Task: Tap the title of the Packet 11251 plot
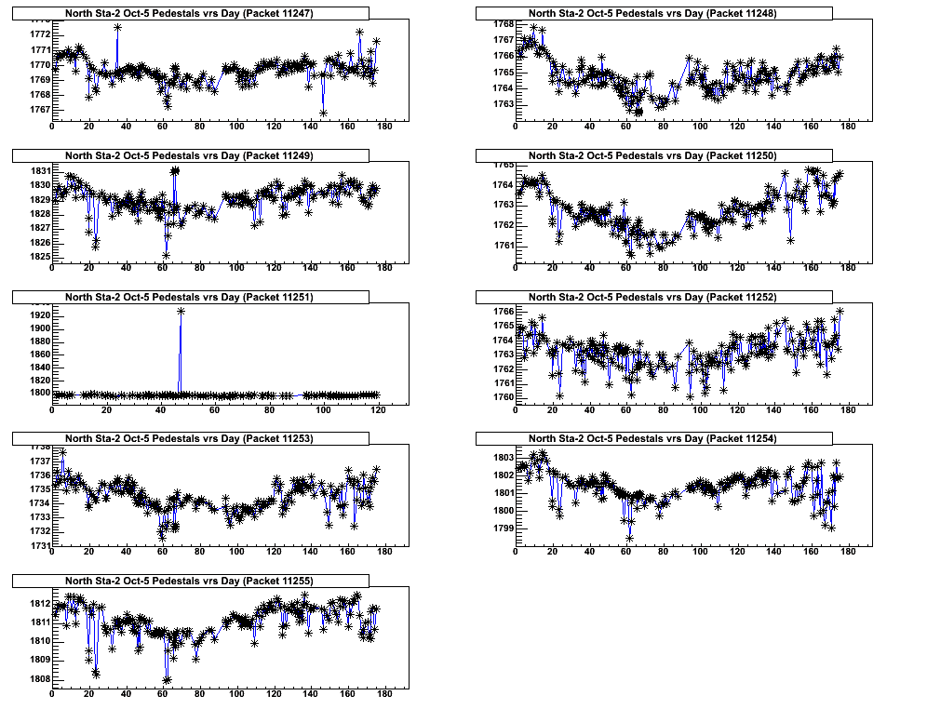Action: tap(190, 297)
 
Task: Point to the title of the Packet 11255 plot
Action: tap(190, 581)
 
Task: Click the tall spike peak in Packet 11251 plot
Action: tap(181, 311)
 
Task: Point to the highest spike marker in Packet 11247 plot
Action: tap(117, 27)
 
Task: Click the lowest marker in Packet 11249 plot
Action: tap(166, 255)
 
